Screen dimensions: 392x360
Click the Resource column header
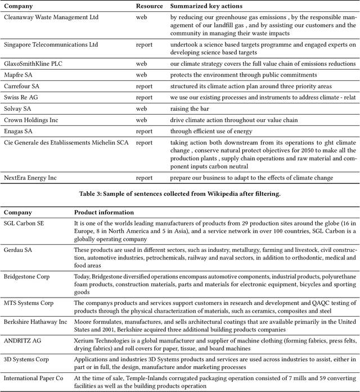149,6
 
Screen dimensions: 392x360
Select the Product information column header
104,213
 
